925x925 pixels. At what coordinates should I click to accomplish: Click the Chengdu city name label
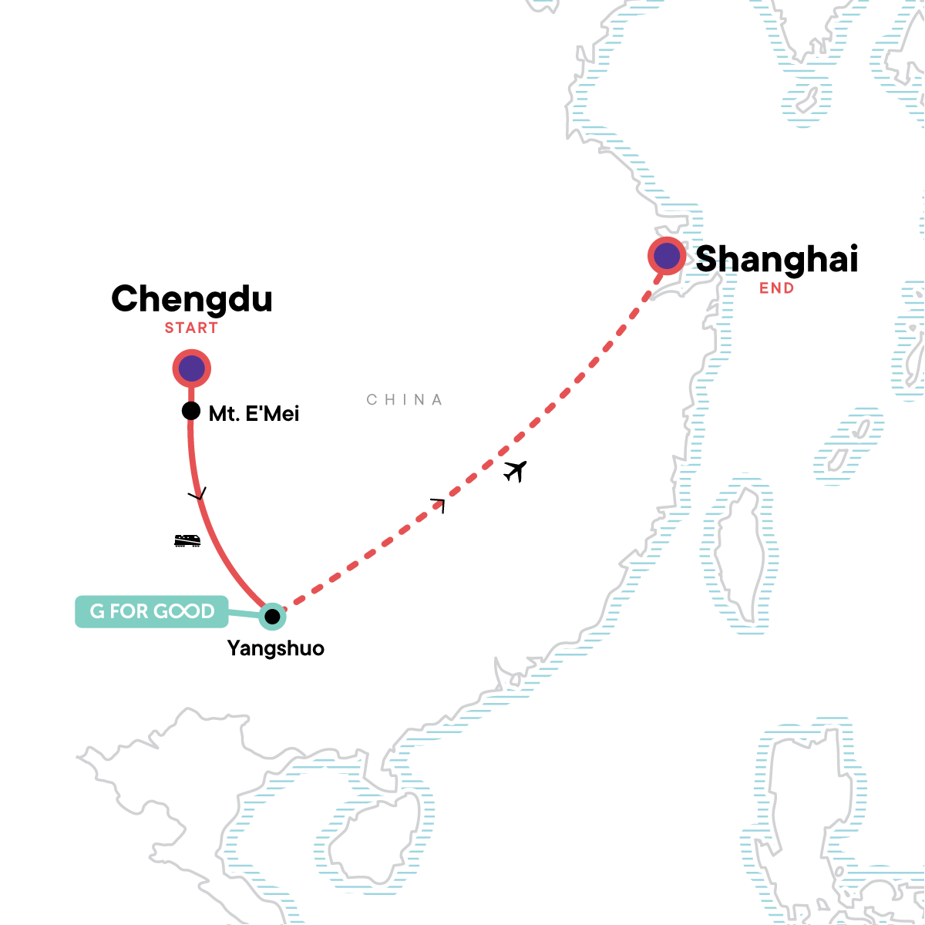click(x=192, y=299)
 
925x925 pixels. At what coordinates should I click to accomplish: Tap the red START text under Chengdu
click(x=191, y=328)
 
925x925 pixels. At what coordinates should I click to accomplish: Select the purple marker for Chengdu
click(x=191, y=369)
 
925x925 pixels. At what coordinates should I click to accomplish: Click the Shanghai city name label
click(x=776, y=259)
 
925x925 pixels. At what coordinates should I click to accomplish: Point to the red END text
click(x=776, y=288)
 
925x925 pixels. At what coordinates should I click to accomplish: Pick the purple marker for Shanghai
click(x=667, y=257)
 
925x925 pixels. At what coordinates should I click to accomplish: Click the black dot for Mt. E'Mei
click(x=191, y=411)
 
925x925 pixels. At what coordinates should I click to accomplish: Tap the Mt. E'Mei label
click(x=254, y=414)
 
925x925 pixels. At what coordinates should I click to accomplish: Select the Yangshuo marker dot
click(x=272, y=617)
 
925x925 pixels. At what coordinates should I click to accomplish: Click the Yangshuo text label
click(x=276, y=648)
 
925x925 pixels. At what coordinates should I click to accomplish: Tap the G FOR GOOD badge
click(x=152, y=612)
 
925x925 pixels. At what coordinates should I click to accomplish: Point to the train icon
click(x=187, y=540)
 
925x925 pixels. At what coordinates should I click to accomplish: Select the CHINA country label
click(x=405, y=400)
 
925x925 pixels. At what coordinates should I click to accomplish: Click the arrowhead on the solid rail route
click(x=199, y=495)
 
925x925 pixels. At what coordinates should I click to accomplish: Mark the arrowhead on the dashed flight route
click(x=439, y=503)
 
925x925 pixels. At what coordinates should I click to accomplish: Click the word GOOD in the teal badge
click(x=184, y=612)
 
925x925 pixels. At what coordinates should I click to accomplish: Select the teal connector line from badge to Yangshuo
click(x=244, y=614)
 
